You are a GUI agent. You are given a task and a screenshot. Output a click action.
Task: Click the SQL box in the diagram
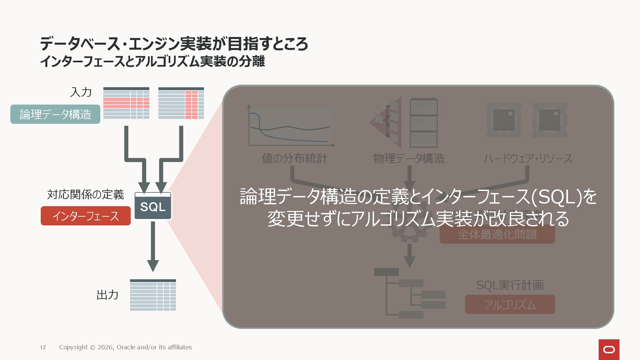coord(153,206)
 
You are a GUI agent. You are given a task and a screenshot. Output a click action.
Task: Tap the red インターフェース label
coord(86,216)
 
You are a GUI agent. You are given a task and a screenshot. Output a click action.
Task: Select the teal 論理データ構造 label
coord(55,114)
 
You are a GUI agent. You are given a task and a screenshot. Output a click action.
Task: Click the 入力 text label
coord(81,92)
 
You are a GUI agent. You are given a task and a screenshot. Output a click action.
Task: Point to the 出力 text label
coord(107,295)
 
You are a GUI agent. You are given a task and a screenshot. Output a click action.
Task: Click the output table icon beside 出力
coord(153,295)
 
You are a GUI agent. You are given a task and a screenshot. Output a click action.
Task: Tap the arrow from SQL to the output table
coord(153,247)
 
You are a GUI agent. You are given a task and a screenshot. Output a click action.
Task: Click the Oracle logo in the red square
coord(609,349)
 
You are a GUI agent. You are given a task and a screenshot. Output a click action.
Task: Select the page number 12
coord(43,347)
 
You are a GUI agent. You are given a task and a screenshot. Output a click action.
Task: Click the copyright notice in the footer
coord(125,347)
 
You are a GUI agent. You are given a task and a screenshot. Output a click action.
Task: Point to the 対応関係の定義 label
coord(85,194)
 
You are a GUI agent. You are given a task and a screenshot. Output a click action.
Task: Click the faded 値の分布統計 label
coord(294,158)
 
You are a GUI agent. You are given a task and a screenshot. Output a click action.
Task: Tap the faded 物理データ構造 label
coord(409,158)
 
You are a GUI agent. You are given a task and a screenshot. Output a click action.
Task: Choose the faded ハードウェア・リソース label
coord(528,158)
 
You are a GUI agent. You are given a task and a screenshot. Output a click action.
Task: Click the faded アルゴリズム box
coord(510,304)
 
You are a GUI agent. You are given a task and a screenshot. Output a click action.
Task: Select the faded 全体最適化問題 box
coord(497,235)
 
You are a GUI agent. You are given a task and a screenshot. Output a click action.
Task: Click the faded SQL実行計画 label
coord(510,285)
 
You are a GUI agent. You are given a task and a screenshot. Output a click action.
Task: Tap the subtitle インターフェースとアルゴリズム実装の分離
coord(152,62)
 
